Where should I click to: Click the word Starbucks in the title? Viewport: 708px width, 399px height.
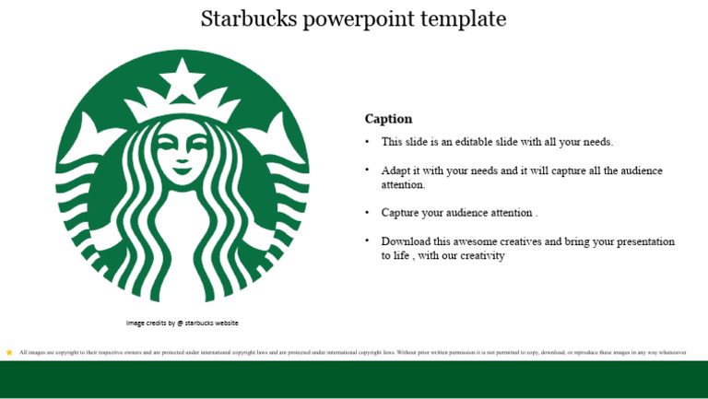coord(242,18)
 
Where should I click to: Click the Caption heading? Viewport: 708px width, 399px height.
coord(388,119)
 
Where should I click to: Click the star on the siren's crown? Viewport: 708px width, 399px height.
coord(183,77)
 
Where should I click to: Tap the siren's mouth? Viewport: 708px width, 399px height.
coord(183,169)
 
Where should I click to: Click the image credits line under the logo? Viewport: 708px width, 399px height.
coord(183,323)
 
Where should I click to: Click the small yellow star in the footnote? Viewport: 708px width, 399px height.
coord(9,352)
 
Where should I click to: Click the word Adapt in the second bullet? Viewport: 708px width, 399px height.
coord(397,170)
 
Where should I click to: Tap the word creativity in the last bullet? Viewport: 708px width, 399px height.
coord(478,255)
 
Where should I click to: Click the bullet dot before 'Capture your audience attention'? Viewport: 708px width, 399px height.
coord(367,212)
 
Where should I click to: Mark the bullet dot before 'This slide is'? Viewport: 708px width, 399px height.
coord(367,142)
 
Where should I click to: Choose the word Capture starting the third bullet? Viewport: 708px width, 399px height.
coord(401,213)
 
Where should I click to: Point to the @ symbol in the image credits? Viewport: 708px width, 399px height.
coord(180,323)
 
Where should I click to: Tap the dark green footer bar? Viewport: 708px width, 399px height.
coord(354,380)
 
